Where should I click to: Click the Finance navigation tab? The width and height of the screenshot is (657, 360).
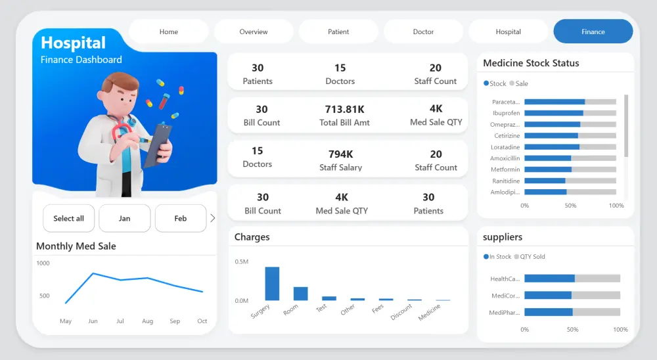(593, 32)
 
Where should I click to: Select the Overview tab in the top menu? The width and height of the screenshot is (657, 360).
(254, 32)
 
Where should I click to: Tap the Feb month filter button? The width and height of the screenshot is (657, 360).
(181, 218)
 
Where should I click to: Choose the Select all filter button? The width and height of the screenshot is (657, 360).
(68, 218)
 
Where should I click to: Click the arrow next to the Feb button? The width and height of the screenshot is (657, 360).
(212, 218)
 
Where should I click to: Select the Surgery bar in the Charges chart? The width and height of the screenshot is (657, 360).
(272, 284)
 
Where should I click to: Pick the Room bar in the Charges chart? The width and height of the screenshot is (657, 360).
(300, 294)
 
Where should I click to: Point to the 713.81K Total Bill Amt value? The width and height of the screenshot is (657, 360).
(345, 109)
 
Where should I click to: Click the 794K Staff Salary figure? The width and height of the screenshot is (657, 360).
(341, 154)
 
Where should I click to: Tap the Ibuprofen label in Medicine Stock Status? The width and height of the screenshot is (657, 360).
(506, 113)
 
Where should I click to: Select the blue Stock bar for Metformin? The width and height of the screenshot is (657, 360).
(548, 169)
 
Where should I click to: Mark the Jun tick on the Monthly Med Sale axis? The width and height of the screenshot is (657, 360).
(93, 321)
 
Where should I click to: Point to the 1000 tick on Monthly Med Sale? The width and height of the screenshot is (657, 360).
(43, 263)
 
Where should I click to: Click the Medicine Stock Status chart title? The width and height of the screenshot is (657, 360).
(531, 63)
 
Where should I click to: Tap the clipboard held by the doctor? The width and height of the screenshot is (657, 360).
(158, 145)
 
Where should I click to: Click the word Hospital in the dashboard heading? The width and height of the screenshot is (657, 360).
(73, 43)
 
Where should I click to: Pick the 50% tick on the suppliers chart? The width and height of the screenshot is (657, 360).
(572, 329)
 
